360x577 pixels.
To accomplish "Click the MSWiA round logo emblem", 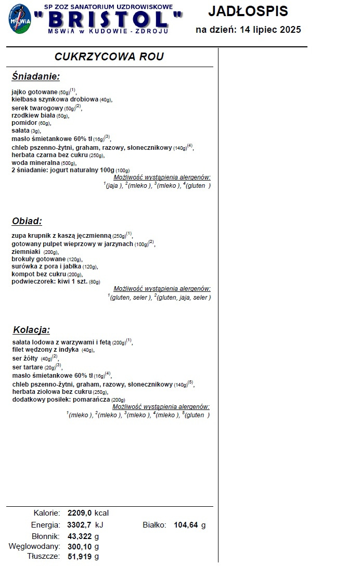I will (19, 19).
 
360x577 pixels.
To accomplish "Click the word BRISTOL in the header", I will (107, 19).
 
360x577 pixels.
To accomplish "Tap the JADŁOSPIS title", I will (248, 10).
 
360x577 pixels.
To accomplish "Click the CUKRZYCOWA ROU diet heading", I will (109, 57).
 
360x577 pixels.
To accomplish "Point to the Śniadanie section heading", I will (35, 77).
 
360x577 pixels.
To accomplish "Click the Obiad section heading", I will (27, 221).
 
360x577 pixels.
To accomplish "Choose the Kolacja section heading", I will (31, 330).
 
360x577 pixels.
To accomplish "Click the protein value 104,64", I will (186, 525).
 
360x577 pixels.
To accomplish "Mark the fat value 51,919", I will (80, 556).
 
